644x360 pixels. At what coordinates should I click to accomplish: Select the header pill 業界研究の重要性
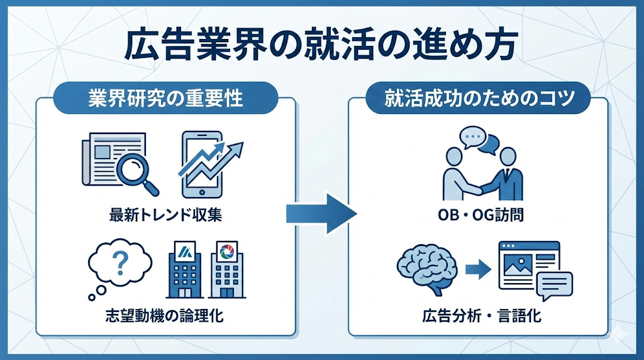click(x=165, y=98)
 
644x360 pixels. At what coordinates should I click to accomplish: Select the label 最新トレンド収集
click(x=165, y=216)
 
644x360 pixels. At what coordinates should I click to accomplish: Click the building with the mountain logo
click(x=185, y=270)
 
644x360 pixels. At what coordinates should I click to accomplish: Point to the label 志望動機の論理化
click(x=165, y=315)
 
